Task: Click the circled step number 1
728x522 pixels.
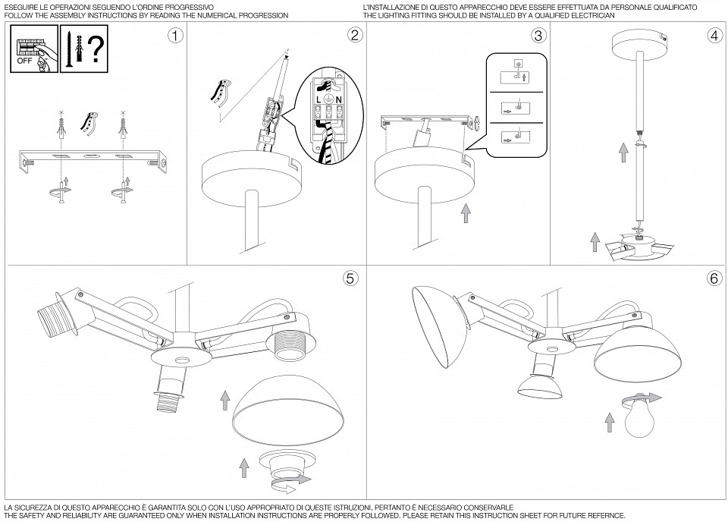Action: pos(175,36)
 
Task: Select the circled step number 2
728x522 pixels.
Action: pos(355,36)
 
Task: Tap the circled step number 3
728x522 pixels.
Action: pos(538,36)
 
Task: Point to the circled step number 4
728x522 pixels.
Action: pos(714,36)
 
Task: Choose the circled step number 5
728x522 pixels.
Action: pos(350,278)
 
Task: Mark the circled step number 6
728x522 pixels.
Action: pos(714,278)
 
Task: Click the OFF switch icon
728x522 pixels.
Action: pos(33,51)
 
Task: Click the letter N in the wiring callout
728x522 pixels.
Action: pos(339,100)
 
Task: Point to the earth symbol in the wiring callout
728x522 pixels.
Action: pos(328,99)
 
